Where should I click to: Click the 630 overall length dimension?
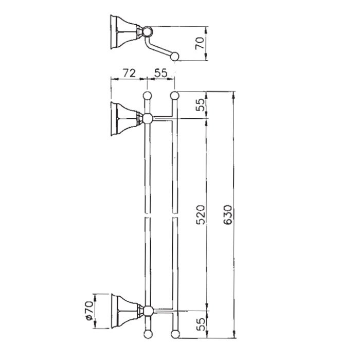(228, 214)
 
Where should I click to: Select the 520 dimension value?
(200, 214)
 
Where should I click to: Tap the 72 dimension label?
(129, 73)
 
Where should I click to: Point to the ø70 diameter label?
(89, 311)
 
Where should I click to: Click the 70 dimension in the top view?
(200, 43)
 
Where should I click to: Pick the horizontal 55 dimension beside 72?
(161, 73)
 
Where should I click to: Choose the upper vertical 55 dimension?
(200, 105)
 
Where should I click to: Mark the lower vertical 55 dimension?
(201, 324)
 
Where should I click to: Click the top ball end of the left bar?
(147, 96)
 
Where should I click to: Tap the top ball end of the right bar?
(174, 95)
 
